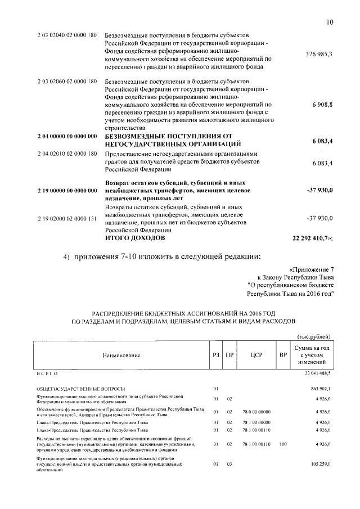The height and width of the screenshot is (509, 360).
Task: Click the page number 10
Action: (330, 22)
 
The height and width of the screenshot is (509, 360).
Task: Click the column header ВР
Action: (283, 355)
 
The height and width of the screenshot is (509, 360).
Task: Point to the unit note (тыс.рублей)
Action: (313, 336)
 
